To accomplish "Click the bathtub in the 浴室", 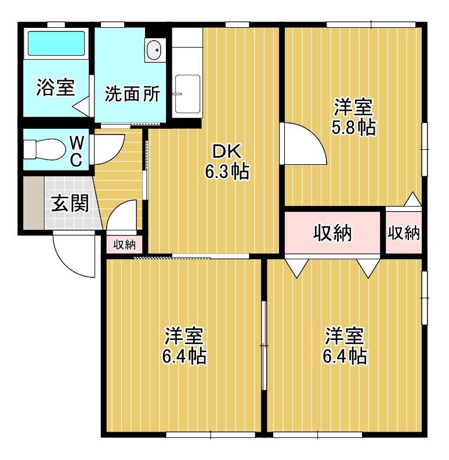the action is point(56,44).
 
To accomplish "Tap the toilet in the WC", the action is point(44,149).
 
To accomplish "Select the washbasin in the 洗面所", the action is point(153,50).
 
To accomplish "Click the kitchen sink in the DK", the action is point(187,94).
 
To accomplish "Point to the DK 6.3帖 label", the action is point(227,161).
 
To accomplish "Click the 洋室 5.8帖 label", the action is point(354,117).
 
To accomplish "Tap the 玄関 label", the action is point(70,203).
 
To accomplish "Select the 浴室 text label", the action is point(56,87).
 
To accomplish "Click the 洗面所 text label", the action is point(132,94).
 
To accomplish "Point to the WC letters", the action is point(76,151).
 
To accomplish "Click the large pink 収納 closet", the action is point(332,233).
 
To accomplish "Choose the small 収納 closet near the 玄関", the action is point(124,244).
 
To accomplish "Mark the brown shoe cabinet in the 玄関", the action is point(34,202).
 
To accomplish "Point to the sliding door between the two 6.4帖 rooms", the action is point(264,345).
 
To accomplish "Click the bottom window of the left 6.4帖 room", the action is point(211,434).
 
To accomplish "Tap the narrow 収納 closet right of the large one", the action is point(404,233).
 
